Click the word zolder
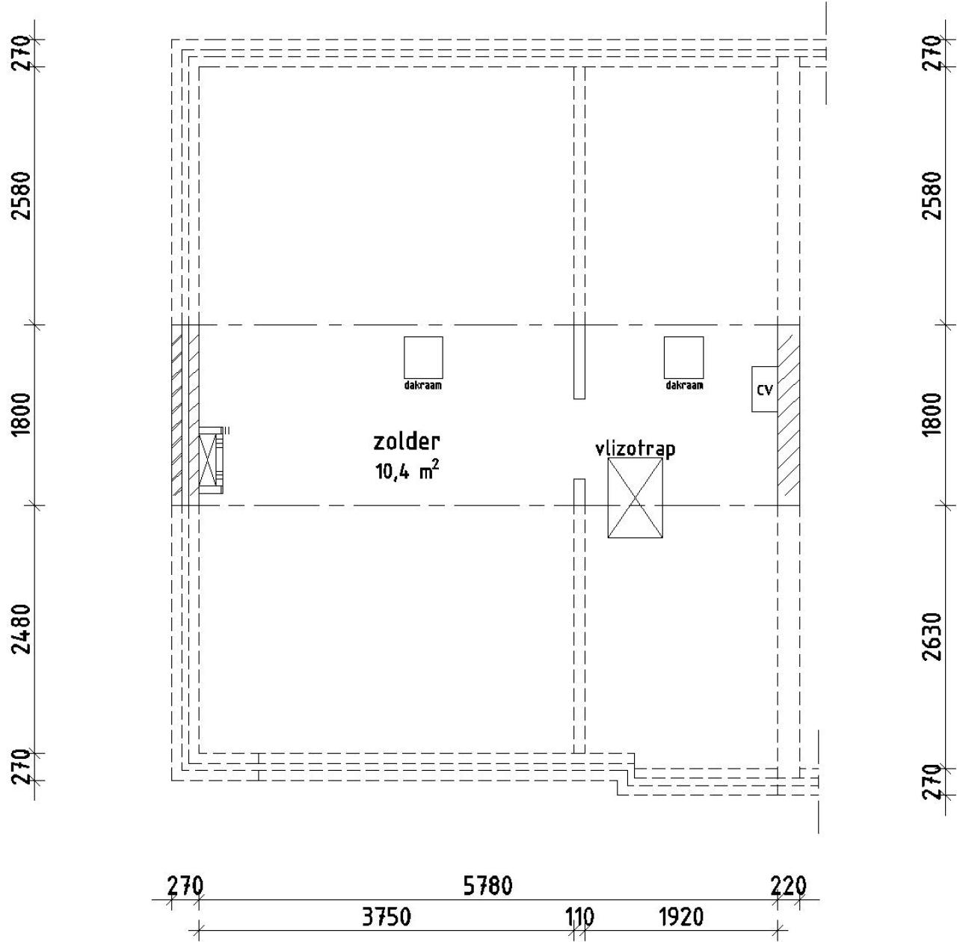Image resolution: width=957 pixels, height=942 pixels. coord(406,442)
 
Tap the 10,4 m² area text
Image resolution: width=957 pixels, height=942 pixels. coord(407,471)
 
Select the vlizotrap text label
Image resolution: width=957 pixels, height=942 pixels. coord(635,449)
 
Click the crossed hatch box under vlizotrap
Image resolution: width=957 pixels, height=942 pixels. coord(635,498)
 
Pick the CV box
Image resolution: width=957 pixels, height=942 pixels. coord(764,389)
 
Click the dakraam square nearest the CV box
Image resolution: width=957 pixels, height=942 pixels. coord(683,357)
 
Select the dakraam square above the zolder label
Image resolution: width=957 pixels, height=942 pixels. coord(423,357)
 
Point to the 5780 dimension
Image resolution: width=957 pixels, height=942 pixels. coord(487,886)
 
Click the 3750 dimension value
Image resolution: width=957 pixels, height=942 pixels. coord(385,917)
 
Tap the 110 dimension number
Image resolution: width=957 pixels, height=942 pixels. coord(579,917)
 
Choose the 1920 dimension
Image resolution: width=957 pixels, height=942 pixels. coord(680,917)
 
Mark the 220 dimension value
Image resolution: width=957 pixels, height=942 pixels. coord(788,886)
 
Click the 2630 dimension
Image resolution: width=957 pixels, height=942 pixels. coord(932,636)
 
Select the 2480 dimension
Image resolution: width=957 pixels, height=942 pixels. coord(22,628)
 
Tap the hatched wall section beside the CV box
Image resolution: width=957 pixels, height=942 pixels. coord(788,415)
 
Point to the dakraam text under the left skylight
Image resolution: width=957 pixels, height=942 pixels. coord(423,386)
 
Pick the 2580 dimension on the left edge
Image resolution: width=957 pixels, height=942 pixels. coord(22,195)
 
